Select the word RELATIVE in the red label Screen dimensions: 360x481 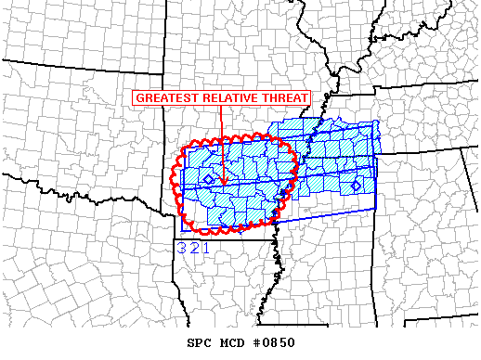(227, 98)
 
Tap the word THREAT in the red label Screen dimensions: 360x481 (283, 98)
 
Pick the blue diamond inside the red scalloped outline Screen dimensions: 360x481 (209, 178)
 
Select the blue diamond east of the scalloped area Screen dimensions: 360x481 (356, 186)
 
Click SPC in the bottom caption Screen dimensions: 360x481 (200, 342)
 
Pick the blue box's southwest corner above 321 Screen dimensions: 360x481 (179, 236)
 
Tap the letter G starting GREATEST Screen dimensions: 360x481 (139, 98)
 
